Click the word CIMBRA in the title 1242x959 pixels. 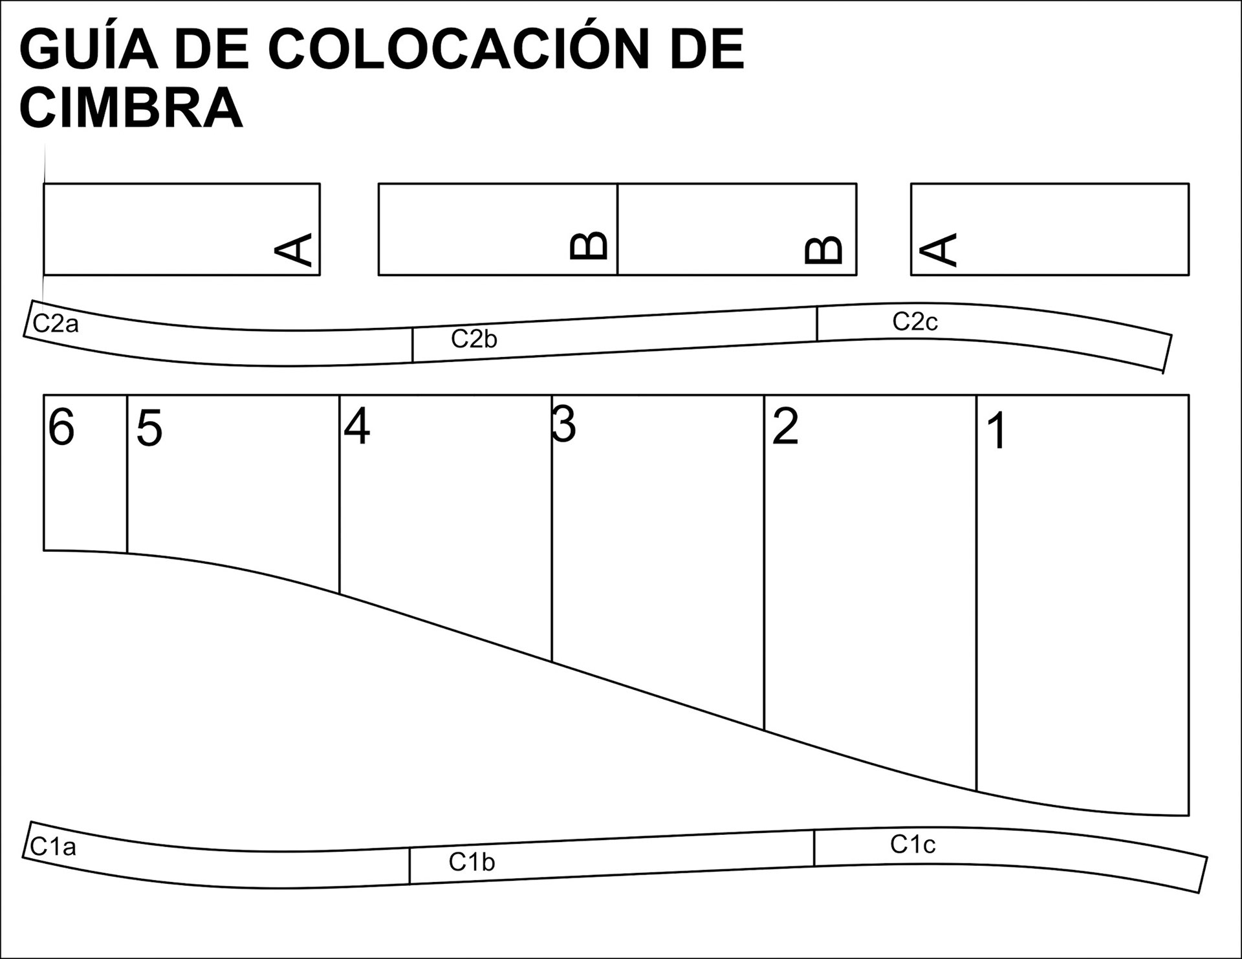point(131,108)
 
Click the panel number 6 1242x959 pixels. point(61,427)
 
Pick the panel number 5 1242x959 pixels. point(149,429)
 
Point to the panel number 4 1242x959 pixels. point(356,427)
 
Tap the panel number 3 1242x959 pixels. point(564,426)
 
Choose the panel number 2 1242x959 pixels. point(785,427)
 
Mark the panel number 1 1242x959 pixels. point(997,431)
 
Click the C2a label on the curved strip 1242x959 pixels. point(56,323)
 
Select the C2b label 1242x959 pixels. point(474,339)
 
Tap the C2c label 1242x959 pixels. point(915,321)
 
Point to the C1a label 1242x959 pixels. point(53,846)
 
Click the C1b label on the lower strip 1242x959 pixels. point(472,862)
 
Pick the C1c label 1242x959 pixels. point(913,844)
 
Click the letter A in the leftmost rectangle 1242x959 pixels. point(294,250)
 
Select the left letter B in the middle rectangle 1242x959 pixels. point(589,246)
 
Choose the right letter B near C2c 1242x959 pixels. point(823,250)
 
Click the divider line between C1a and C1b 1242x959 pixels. point(409,865)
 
